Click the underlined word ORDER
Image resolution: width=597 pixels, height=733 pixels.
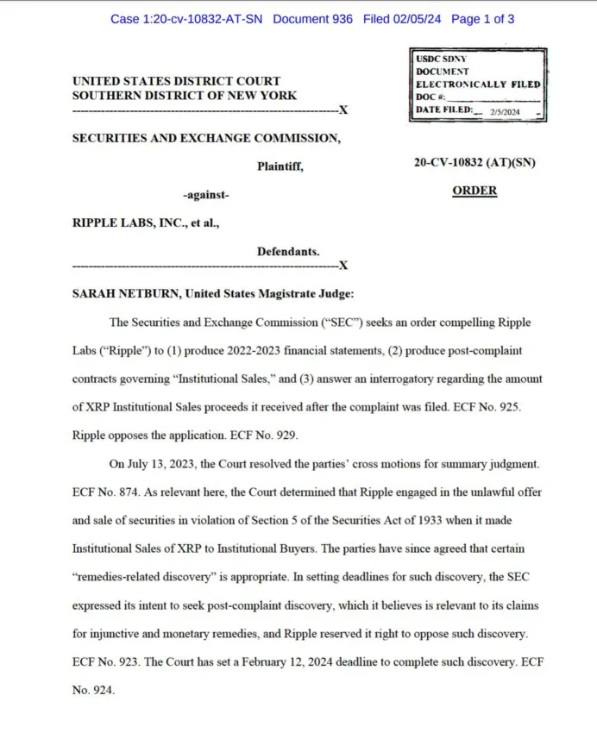pyautogui.click(x=474, y=191)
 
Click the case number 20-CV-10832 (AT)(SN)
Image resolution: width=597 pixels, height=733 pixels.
pyautogui.click(x=474, y=162)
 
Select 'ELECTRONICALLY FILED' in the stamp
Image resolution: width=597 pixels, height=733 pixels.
pyautogui.click(x=478, y=85)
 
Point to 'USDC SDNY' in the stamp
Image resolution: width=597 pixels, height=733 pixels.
pyautogui.click(x=439, y=58)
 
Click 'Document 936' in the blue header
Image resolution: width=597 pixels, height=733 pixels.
pyautogui.click(x=312, y=18)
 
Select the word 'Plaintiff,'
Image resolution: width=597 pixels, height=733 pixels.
pyautogui.click(x=280, y=166)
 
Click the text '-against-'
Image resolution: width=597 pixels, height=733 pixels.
pyautogui.click(x=206, y=195)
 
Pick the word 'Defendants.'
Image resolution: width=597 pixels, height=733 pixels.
pyautogui.click(x=288, y=252)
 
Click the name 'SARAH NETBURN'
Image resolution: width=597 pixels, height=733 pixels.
pyautogui.click(x=126, y=293)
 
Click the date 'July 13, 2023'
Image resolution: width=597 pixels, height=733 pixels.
pyautogui.click(x=162, y=464)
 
